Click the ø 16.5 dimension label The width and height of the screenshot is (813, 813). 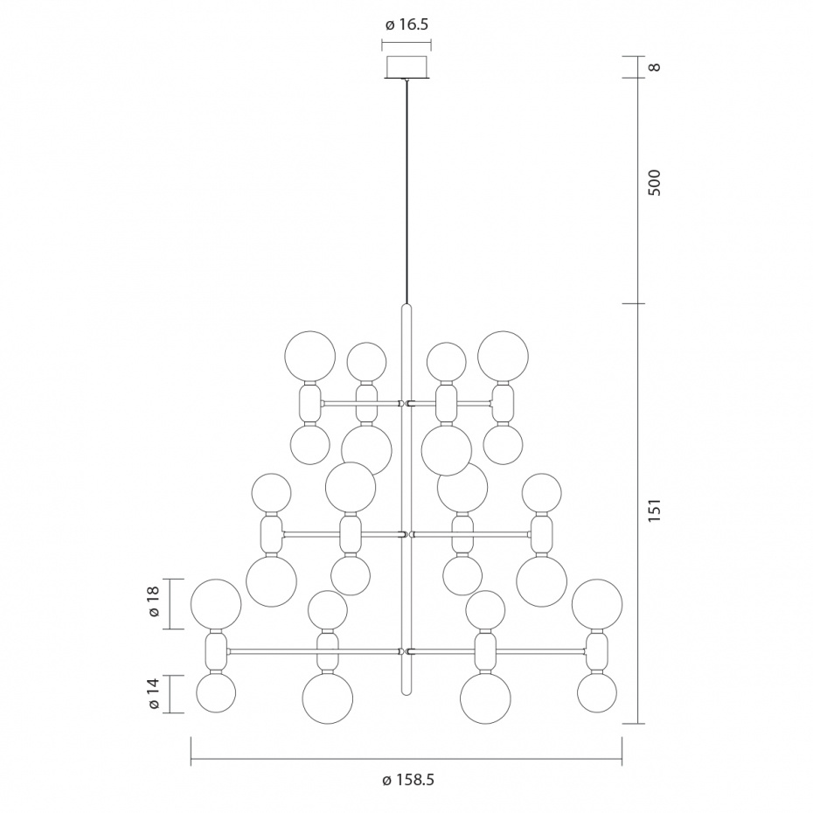[x=406, y=24]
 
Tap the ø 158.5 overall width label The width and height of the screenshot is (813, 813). [x=407, y=780]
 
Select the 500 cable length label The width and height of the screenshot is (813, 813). [x=655, y=182]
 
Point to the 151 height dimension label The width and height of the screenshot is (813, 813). [x=655, y=511]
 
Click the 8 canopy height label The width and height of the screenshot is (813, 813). [x=655, y=67]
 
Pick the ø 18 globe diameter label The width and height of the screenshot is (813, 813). [x=154, y=602]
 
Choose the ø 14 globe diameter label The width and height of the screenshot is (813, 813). [x=154, y=694]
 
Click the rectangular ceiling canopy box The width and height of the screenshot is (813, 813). [x=407, y=67]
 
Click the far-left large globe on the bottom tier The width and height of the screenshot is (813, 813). [x=216, y=605]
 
